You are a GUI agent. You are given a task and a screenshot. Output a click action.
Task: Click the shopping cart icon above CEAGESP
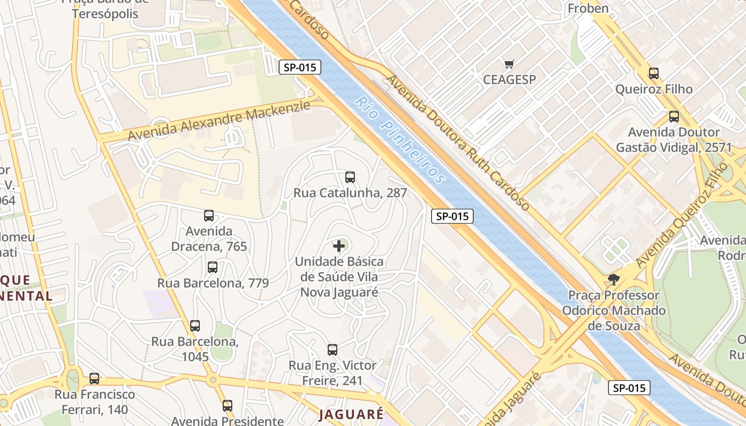tap(509, 64)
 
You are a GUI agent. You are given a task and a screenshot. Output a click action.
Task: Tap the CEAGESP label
tap(509, 79)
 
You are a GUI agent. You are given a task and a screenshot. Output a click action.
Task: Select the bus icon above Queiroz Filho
tap(654, 73)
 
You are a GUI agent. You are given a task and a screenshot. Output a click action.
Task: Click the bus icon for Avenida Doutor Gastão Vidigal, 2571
tap(674, 117)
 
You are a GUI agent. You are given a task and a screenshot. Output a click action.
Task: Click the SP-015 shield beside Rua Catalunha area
tap(452, 216)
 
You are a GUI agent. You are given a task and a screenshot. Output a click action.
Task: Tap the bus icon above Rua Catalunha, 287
tap(350, 177)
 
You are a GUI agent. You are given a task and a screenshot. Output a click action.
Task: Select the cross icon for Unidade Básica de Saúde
tap(339, 246)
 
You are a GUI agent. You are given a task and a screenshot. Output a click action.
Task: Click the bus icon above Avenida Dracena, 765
tap(209, 216)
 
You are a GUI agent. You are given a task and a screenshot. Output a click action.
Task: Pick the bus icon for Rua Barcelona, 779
tap(213, 267)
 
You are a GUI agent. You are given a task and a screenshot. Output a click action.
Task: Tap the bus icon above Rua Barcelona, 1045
tap(195, 325)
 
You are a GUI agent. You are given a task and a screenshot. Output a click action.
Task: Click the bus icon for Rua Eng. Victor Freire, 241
tap(333, 349)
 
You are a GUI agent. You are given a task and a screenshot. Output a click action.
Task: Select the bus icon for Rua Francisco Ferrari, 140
tap(94, 378)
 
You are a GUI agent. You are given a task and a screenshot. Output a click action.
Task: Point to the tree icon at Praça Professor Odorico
tap(614, 279)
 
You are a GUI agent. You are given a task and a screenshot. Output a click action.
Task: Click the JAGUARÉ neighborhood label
tap(351, 414)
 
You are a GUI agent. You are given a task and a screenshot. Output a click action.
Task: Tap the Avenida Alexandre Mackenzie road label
tap(218, 121)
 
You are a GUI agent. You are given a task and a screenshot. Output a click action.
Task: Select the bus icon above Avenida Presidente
tap(228, 405)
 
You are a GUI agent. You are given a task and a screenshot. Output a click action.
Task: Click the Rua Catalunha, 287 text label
tap(350, 193)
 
